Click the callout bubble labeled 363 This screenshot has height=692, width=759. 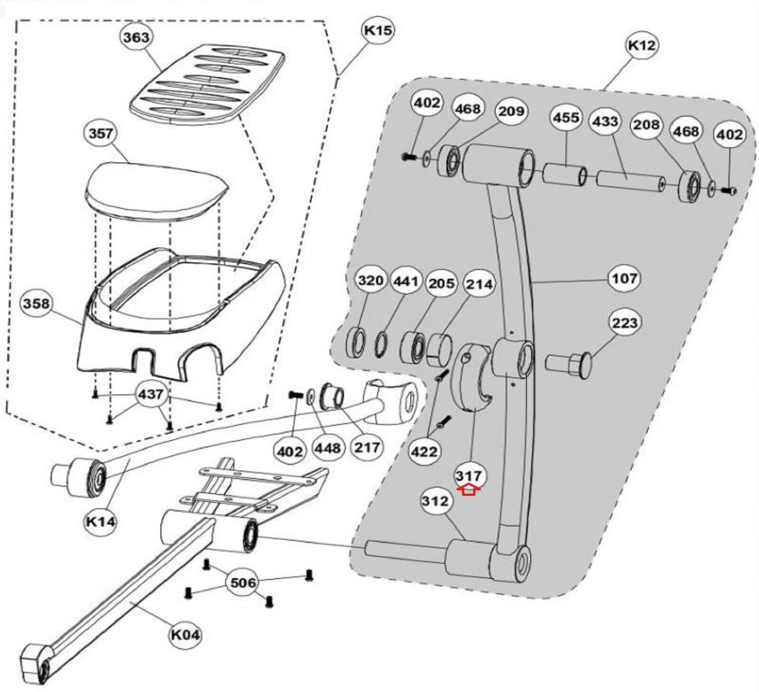(136, 37)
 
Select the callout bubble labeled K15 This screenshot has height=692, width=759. (378, 30)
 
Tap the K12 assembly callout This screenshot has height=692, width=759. (641, 45)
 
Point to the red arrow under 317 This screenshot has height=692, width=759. (468, 490)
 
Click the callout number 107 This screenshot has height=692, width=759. (624, 278)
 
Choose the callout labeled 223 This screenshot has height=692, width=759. (624, 323)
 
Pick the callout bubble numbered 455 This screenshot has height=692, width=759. (566, 117)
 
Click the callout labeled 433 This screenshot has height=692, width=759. (605, 122)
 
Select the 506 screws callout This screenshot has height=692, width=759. (243, 582)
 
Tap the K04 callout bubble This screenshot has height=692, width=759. (185, 635)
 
